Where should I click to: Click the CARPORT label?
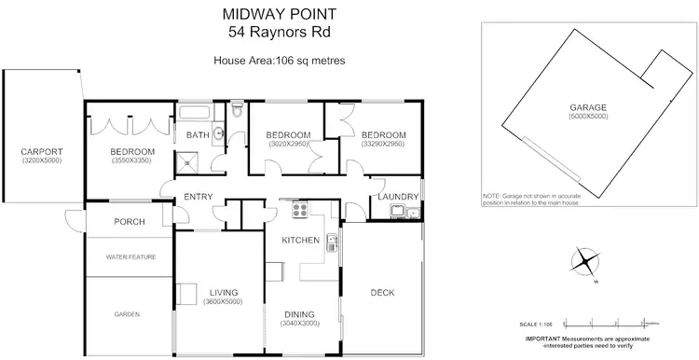(x=42, y=152)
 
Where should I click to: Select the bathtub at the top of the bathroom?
(x=195, y=115)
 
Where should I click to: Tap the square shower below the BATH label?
(x=192, y=162)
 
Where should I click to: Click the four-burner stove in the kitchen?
(x=301, y=211)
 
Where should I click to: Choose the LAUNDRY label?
(x=395, y=196)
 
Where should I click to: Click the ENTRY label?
(x=199, y=196)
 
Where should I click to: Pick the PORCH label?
(x=129, y=222)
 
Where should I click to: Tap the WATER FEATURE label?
(x=130, y=256)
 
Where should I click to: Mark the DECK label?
(x=382, y=293)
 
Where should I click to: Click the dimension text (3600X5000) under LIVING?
(x=223, y=302)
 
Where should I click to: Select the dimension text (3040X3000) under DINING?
(x=300, y=324)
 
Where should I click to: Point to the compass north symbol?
(x=584, y=260)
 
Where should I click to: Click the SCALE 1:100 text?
(x=545, y=321)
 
